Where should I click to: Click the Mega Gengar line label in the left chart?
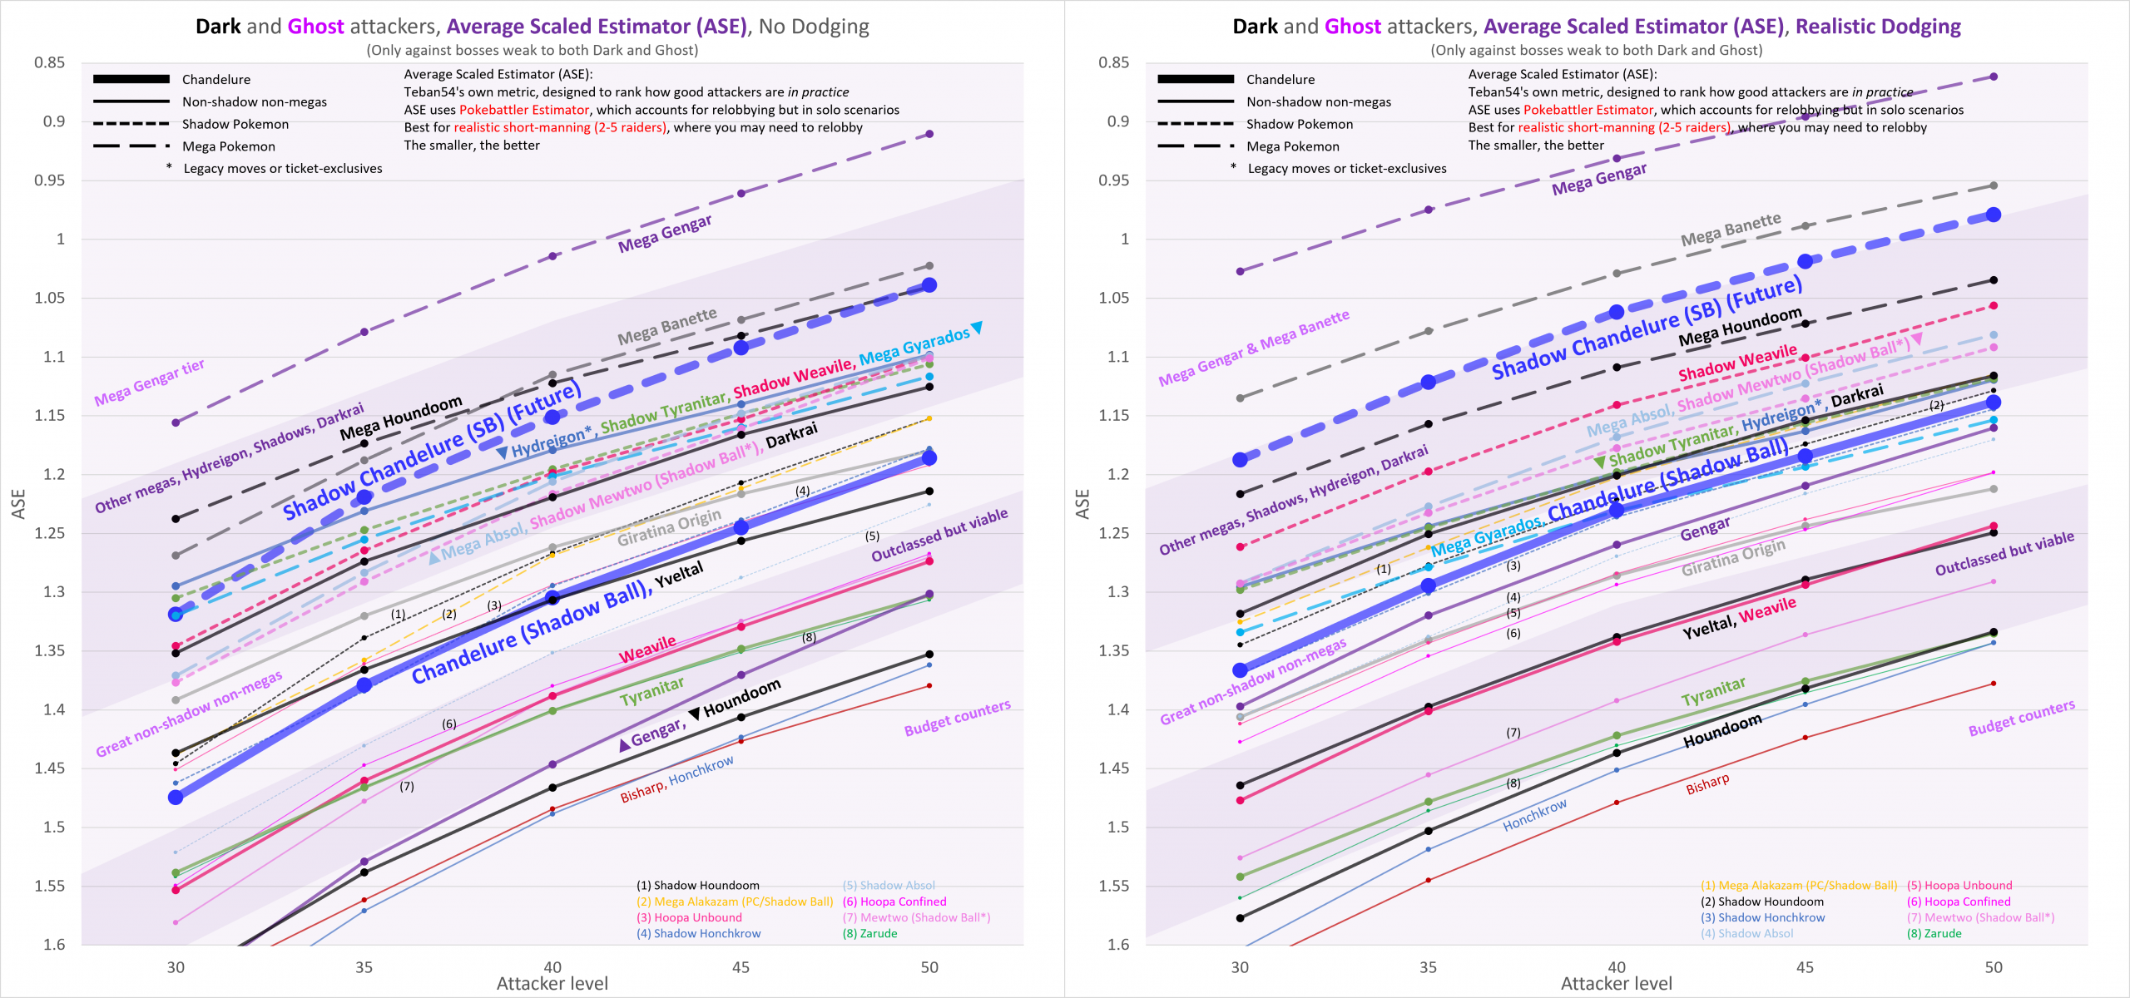coord(664,234)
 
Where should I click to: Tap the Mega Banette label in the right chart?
coord(1731,230)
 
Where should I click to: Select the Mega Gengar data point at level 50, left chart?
coord(929,134)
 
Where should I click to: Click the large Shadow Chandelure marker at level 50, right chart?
coord(1994,215)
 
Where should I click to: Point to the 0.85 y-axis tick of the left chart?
coord(49,63)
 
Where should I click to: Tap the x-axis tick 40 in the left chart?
coord(552,967)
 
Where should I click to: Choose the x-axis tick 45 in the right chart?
coord(1805,967)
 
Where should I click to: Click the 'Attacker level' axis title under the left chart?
coord(552,984)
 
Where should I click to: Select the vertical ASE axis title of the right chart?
coord(1082,504)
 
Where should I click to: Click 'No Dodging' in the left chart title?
coord(814,27)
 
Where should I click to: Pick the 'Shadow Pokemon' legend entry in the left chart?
coord(235,124)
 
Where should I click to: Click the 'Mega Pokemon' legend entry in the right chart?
coord(1293,146)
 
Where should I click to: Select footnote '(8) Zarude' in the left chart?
coord(869,933)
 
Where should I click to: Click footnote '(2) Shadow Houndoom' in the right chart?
coord(1761,902)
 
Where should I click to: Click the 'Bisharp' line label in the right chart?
coord(1707,784)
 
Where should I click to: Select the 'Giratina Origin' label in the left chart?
coord(669,527)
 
